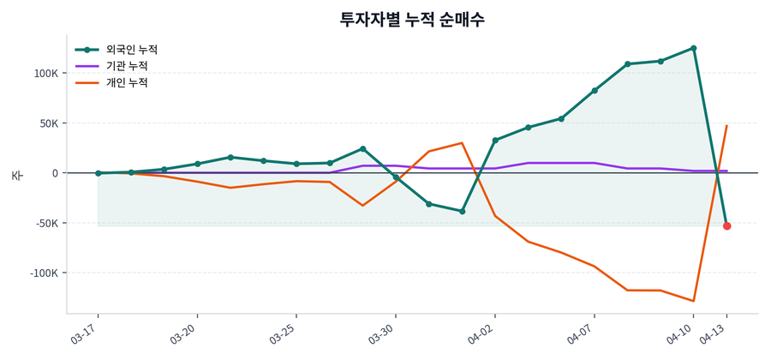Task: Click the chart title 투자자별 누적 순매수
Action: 412,19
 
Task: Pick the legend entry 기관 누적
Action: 126,66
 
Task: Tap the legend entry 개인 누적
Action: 126,83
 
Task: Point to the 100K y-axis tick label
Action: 45,74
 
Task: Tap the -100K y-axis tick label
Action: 44,273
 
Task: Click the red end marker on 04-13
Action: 726,225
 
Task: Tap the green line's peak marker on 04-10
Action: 693,48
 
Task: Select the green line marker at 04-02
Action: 495,141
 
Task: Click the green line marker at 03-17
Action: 99,173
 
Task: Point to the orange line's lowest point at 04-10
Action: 693,301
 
